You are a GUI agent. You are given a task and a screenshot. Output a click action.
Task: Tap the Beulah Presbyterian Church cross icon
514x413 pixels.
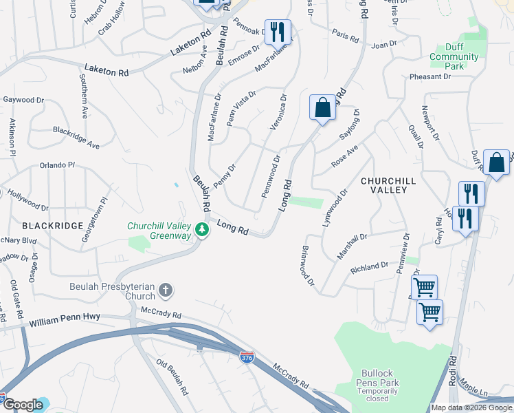(166, 290)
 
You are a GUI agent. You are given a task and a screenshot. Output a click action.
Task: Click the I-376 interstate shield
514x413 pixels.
(247, 357)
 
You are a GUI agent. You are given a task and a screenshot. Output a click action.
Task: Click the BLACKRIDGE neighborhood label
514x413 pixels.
(52, 226)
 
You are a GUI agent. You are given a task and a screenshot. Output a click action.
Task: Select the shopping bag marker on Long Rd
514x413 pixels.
(322, 108)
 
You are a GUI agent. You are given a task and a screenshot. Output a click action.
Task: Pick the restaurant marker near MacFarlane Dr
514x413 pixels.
(277, 32)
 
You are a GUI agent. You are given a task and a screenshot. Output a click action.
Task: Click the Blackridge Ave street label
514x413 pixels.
(76, 136)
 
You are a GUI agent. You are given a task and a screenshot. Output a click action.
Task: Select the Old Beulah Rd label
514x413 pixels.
(172, 373)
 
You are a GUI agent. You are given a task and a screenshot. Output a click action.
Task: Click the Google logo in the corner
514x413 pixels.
(23, 405)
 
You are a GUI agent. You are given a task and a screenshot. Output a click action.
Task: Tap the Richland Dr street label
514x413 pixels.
(370, 267)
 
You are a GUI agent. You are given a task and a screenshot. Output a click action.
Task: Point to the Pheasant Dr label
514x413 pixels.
(429, 77)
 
